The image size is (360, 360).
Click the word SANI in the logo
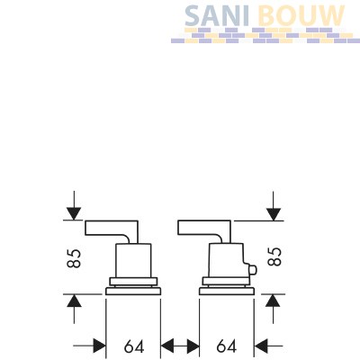click(x=217, y=15)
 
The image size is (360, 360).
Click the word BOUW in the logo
click(x=301, y=15)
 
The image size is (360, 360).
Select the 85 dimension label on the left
click(x=75, y=258)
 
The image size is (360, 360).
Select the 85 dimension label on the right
click(x=274, y=256)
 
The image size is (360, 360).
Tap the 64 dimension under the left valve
click(x=134, y=346)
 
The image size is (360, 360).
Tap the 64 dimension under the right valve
click(x=227, y=346)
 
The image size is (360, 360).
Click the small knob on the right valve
click(x=252, y=269)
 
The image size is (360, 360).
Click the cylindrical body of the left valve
click(x=133, y=260)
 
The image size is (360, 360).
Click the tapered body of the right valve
click(x=228, y=260)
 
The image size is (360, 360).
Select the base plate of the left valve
click(x=133, y=291)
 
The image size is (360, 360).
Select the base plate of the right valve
click(x=227, y=291)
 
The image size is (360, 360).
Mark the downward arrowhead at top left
click(x=74, y=213)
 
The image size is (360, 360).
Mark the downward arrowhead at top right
click(x=274, y=214)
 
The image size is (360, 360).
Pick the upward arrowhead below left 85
click(x=74, y=301)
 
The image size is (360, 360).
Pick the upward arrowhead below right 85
click(x=273, y=301)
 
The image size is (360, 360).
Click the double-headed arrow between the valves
click(x=180, y=346)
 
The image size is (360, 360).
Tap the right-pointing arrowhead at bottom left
click(x=99, y=346)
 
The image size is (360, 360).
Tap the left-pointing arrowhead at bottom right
click(x=261, y=346)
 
